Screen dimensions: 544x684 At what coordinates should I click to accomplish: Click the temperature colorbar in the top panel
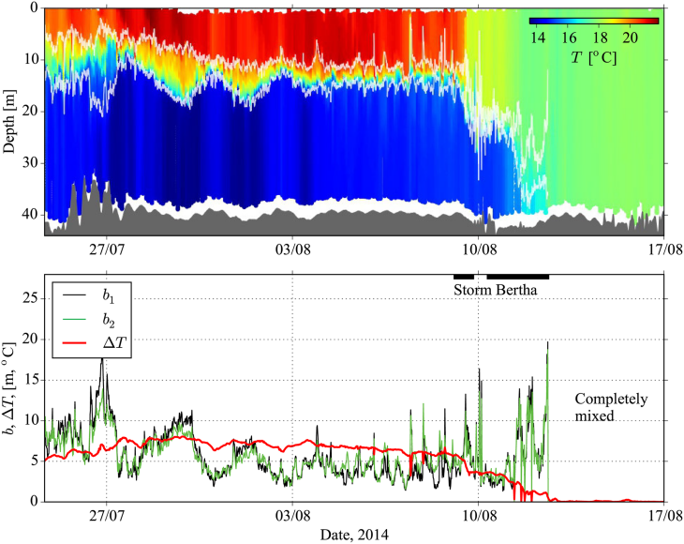593,21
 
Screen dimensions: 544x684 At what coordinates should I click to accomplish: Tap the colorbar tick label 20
630,38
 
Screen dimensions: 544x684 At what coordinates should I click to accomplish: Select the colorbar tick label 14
538,38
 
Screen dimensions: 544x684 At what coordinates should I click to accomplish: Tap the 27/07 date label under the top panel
106,250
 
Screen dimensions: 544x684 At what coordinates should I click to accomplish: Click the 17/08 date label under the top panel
663,250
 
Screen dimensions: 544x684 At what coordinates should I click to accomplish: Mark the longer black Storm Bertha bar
517,276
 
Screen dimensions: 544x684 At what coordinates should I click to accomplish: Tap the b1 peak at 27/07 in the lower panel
103,359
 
